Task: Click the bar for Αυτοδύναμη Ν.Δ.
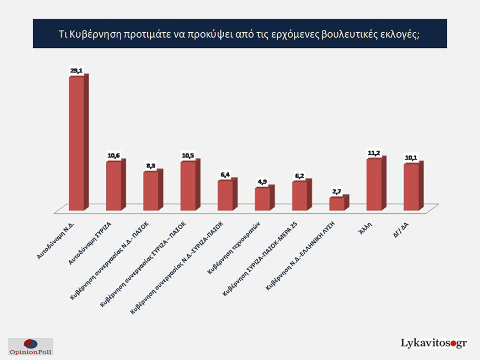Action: tap(76, 143)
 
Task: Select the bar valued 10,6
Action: tap(113, 185)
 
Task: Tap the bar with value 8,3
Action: tap(151, 190)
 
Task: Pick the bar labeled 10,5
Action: tap(188, 185)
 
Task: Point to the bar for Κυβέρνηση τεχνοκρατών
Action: tap(262, 199)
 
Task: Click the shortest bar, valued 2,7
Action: tap(337, 203)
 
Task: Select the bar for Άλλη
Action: tap(374, 184)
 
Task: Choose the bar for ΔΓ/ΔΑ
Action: tap(411, 187)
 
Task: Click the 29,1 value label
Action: tap(76, 70)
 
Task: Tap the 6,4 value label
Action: tap(225, 174)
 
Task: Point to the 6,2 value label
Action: tap(300, 175)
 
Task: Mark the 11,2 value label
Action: tap(374, 153)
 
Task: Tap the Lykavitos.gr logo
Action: tap(434, 343)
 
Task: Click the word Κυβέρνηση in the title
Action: tap(95, 34)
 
